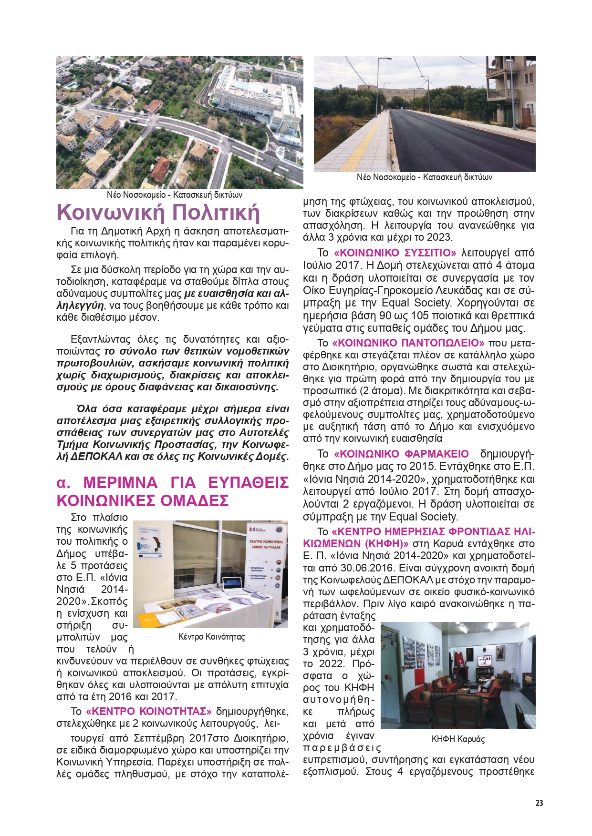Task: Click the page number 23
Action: coord(539,803)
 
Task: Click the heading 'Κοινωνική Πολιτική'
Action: coord(158,213)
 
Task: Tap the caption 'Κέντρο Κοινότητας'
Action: coord(211,637)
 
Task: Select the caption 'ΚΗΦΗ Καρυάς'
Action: coord(458,739)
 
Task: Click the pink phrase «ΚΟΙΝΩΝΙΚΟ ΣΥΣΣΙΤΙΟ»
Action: coord(395,253)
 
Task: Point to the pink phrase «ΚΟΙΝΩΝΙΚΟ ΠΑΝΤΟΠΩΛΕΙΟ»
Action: coord(408,343)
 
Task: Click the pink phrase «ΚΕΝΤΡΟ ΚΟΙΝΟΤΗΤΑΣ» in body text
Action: coord(148,712)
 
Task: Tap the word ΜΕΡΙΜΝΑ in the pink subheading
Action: coord(120,483)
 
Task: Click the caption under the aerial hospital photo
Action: coord(175,195)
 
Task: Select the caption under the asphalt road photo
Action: coord(424,177)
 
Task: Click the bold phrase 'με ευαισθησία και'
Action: coord(228,294)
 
